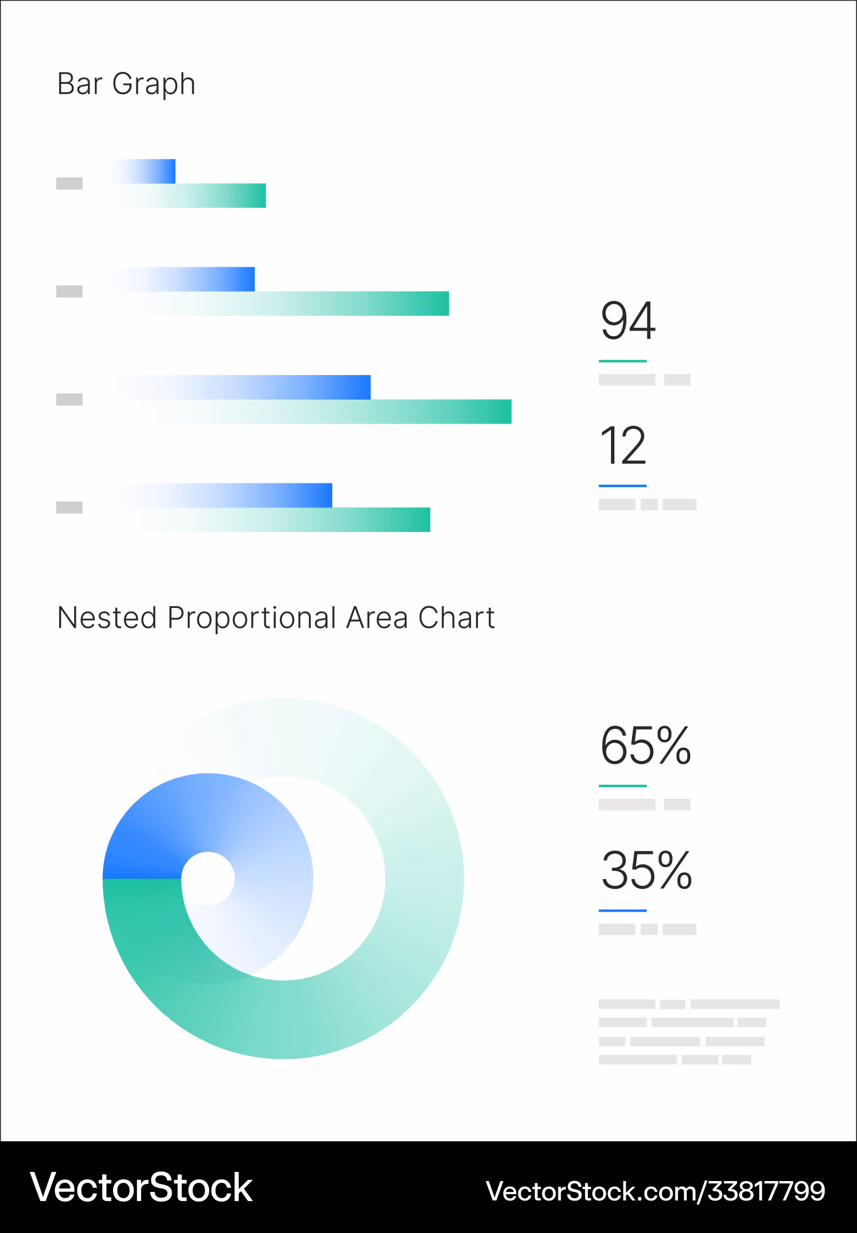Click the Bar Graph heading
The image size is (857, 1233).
point(126,84)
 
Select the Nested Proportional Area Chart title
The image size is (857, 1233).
point(276,618)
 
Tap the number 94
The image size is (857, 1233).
point(627,321)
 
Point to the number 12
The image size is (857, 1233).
point(623,446)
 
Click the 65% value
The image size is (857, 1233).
point(646,746)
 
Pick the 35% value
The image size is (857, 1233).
point(646,871)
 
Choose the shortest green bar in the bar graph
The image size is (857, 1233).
point(217,196)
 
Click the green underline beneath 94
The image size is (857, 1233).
point(622,361)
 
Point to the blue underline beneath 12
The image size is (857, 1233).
point(622,486)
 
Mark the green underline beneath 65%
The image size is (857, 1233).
point(622,785)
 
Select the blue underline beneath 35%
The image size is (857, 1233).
point(622,910)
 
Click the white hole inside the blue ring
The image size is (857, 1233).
point(208,878)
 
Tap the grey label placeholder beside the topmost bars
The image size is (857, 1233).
point(69,183)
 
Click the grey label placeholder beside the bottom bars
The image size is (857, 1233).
point(69,507)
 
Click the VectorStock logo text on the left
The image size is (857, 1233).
point(141,1188)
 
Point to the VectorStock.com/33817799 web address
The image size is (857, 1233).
point(655,1191)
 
